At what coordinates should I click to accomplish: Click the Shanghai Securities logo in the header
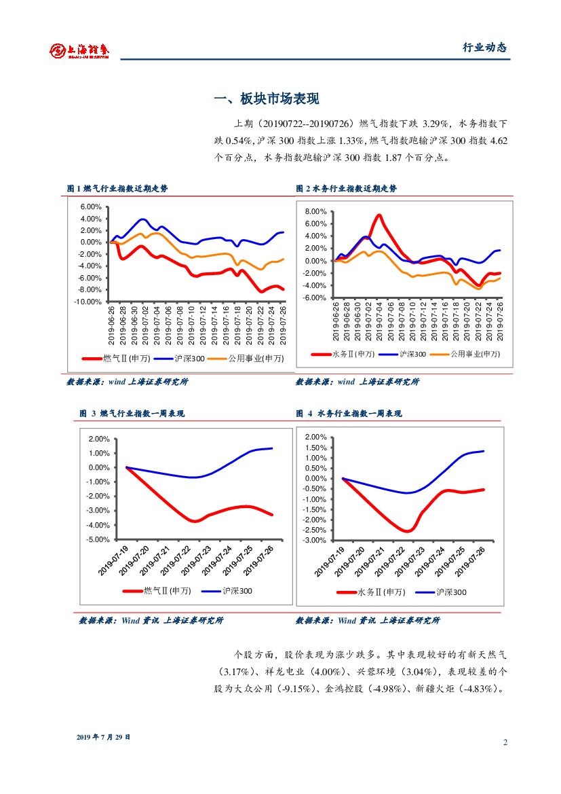point(79,50)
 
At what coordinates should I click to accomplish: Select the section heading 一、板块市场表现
point(267,99)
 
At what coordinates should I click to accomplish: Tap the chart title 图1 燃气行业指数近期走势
point(117,188)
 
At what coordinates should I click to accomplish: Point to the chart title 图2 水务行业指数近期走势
point(347,188)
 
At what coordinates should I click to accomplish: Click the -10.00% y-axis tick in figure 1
point(88,302)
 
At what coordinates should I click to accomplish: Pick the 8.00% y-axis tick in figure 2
point(315,211)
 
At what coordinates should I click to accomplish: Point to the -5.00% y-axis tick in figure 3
point(98,539)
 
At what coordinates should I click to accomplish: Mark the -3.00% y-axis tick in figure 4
point(315,540)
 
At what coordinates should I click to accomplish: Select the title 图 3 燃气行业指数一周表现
point(132,413)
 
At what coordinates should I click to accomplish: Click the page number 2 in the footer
point(505,742)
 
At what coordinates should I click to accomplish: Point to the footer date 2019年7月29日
point(103,736)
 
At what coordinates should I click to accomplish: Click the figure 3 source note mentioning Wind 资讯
point(151,620)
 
